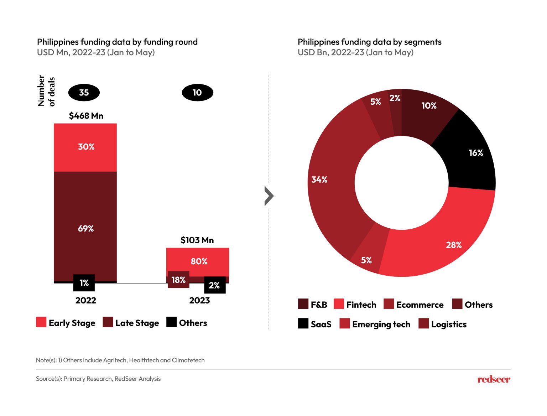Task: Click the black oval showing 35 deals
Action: pyautogui.click(x=84, y=93)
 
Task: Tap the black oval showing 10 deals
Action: pyautogui.click(x=197, y=93)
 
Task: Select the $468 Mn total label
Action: pyautogui.click(x=86, y=116)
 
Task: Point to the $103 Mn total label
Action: pyautogui.click(x=197, y=240)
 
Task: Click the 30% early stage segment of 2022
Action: pyautogui.click(x=85, y=147)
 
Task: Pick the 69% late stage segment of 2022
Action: pyautogui.click(x=85, y=228)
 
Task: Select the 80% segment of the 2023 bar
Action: pyautogui.click(x=198, y=261)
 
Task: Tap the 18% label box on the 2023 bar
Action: pyautogui.click(x=178, y=280)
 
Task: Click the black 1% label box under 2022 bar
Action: pyautogui.click(x=84, y=283)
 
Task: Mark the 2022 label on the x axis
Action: pyautogui.click(x=85, y=301)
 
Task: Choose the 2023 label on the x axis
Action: pyautogui.click(x=199, y=301)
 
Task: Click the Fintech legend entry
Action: pyautogui.click(x=355, y=305)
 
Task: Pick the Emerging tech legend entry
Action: pyautogui.click(x=375, y=324)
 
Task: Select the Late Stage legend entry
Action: pyautogui.click(x=131, y=323)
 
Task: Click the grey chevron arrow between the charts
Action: pyautogui.click(x=269, y=196)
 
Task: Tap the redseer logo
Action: pyautogui.click(x=494, y=379)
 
